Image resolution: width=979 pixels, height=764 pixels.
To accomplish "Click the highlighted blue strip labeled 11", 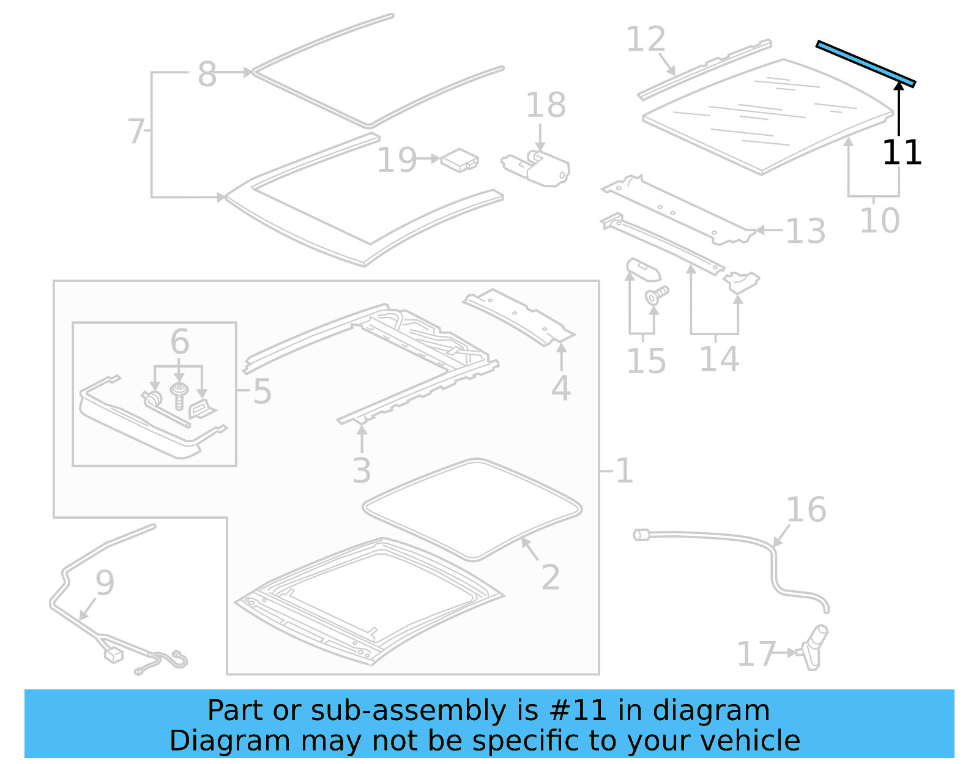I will point(866,64).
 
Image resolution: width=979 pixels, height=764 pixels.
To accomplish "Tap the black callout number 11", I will point(901,152).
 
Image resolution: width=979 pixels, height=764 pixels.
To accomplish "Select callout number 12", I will point(646,40).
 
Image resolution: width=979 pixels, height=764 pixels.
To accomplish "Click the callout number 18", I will point(546,105).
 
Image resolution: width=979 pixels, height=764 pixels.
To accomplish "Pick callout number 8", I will point(207,75).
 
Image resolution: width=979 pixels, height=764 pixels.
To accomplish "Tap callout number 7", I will point(135,131).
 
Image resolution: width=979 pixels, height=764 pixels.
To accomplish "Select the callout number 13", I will point(805,231).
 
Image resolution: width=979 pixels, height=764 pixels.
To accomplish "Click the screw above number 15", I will point(656,296).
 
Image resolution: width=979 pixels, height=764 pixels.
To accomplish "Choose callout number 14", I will point(719,359).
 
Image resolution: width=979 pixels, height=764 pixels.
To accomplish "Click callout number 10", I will point(879,220).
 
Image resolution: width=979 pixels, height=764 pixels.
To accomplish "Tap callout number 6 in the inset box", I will point(179,341).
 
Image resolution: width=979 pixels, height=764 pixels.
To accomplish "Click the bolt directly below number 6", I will point(179,395).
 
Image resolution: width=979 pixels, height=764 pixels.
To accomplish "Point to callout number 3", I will point(362,471).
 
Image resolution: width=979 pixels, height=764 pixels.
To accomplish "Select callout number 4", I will point(560,388).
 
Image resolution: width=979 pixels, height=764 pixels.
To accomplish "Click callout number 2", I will point(550,577).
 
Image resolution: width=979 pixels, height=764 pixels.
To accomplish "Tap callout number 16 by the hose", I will point(806,510).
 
